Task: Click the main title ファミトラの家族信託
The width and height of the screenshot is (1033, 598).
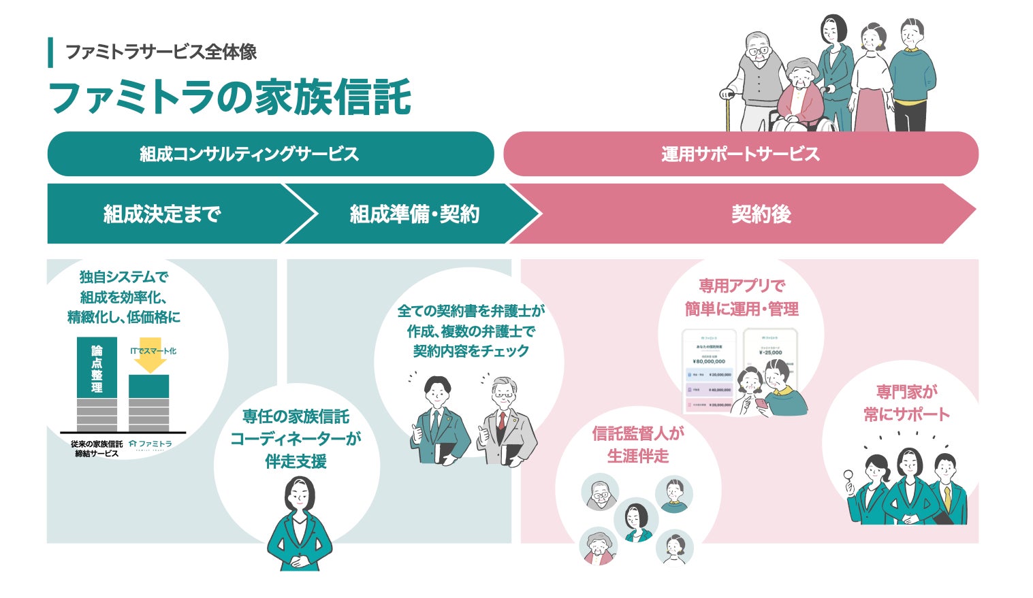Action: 229,97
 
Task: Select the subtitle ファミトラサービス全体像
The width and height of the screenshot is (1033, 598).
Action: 161,52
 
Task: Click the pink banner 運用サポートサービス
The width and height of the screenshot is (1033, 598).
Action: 740,154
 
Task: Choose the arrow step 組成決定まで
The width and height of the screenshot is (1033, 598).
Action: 163,214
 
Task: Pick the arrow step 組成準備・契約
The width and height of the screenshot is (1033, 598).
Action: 414,214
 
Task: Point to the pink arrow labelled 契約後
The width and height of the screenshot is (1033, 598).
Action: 761,214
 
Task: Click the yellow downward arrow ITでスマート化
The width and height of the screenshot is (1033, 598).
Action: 150,356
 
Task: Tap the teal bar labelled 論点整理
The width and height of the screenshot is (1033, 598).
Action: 97,367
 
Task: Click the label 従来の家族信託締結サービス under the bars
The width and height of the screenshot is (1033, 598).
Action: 97,448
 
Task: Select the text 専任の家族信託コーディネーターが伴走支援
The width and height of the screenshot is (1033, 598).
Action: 296,439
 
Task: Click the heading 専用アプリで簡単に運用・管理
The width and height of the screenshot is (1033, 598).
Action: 741,297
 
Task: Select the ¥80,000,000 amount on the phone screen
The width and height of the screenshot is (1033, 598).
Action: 709,361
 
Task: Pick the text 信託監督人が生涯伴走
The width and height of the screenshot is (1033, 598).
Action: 638,444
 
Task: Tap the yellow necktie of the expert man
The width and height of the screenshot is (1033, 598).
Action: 947,497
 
